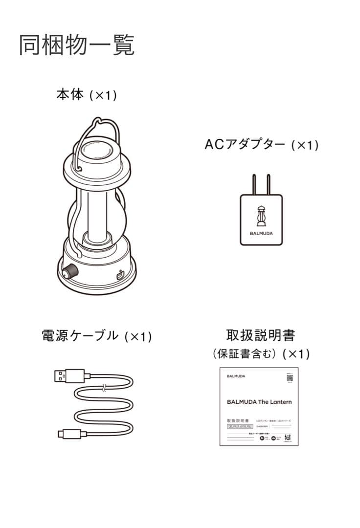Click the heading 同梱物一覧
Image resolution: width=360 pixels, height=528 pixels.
[77, 45]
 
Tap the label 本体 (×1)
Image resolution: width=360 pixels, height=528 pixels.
[86, 95]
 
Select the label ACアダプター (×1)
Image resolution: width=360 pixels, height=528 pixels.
[261, 145]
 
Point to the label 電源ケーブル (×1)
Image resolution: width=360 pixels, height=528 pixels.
[97, 336]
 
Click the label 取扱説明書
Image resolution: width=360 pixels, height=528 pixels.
[261, 335]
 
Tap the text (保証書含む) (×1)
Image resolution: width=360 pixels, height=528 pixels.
[261, 353]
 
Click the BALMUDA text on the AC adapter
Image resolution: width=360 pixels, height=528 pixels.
[261, 233]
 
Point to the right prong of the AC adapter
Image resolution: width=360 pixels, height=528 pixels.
[268, 184]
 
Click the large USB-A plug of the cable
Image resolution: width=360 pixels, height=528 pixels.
[69, 376]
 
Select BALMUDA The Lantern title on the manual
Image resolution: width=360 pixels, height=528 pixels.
[259, 402]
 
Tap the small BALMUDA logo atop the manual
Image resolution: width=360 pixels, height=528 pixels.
[236, 376]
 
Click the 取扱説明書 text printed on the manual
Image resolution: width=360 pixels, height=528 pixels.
[238, 420]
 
